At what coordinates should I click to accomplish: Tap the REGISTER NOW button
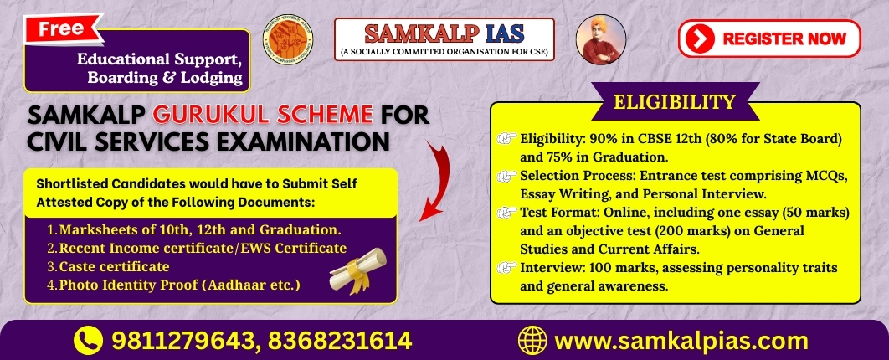pyautogui.click(x=769, y=39)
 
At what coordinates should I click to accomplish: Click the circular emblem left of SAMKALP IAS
pyautogui.click(x=288, y=39)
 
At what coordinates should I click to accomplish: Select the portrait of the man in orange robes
pyautogui.click(x=601, y=39)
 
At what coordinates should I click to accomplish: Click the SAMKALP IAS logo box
pyautogui.click(x=444, y=39)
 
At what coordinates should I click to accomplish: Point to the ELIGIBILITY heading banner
pyautogui.click(x=675, y=101)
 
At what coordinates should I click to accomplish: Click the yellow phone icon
pyautogui.click(x=89, y=341)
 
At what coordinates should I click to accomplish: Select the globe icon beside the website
pyautogui.click(x=532, y=341)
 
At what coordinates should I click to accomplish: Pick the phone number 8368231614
pyautogui.click(x=340, y=341)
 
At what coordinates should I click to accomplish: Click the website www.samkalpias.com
pyautogui.click(x=681, y=342)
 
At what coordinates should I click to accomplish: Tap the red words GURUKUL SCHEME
pyautogui.click(x=263, y=115)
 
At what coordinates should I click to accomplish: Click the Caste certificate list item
pyautogui.click(x=108, y=266)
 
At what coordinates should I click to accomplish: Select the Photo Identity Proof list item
pyautogui.click(x=173, y=285)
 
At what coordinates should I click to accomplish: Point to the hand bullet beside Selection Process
pyautogui.click(x=506, y=177)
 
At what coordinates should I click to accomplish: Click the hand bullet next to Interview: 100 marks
pyautogui.click(x=506, y=267)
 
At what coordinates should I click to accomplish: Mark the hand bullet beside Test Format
pyautogui.click(x=506, y=213)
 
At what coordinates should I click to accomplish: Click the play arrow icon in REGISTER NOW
pyautogui.click(x=700, y=39)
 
